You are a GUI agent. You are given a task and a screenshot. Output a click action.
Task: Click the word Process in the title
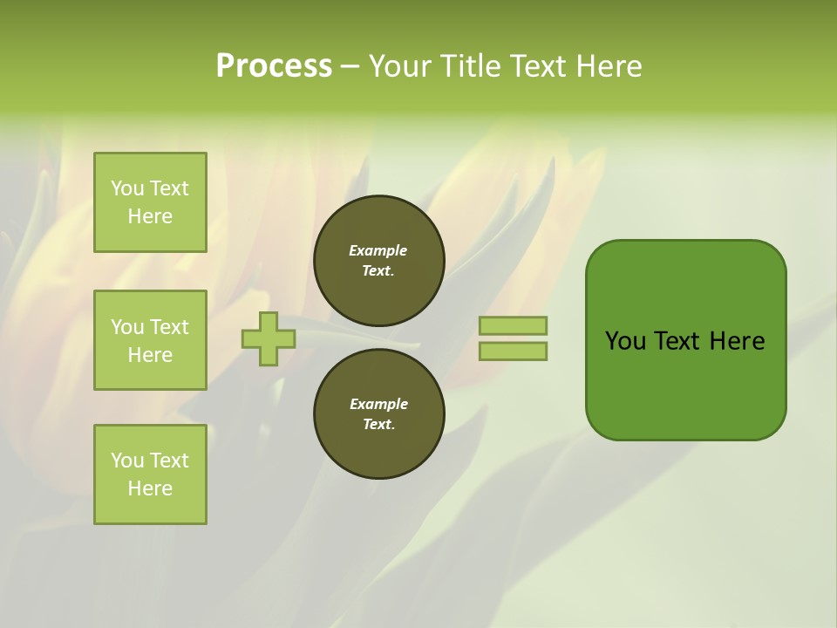(x=274, y=66)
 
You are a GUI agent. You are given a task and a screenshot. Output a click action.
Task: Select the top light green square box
(x=150, y=202)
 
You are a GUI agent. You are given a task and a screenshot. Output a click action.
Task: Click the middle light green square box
(x=150, y=340)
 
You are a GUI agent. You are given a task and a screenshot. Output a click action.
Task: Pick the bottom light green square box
(x=150, y=474)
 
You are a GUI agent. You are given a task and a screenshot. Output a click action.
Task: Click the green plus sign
(x=269, y=338)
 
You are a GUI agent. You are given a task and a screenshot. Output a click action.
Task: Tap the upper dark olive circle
(x=379, y=261)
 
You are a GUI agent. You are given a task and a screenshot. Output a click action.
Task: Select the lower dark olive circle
(x=379, y=414)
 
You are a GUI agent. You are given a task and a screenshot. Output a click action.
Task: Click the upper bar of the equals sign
(x=514, y=325)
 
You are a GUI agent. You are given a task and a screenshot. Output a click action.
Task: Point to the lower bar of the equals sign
(x=514, y=352)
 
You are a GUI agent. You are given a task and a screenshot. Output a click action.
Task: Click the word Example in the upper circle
(x=378, y=250)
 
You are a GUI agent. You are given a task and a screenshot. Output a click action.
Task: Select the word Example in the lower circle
(x=378, y=404)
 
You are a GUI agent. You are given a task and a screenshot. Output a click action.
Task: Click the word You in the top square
(x=126, y=188)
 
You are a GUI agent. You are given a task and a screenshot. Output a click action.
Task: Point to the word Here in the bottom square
(x=150, y=488)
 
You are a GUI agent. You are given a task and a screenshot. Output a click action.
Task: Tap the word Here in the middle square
(x=150, y=355)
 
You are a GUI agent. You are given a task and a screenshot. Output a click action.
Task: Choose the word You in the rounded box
(x=624, y=341)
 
